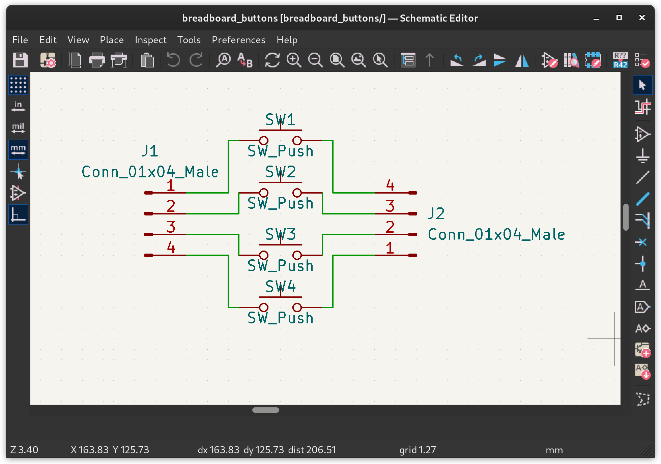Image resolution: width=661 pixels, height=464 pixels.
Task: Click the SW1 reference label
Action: click(280, 120)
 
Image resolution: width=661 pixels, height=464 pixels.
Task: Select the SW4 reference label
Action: click(280, 287)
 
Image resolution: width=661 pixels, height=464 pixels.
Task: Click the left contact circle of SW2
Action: click(264, 193)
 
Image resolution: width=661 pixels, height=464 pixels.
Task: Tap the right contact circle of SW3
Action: click(297, 255)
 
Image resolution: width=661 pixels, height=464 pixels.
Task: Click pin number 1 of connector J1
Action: click(171, 185)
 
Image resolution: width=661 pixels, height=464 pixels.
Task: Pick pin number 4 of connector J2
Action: click(390, 185)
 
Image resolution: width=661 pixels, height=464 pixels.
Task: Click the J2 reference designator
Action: click(436, 213)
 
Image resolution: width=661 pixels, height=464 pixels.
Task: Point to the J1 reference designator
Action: click(150, 151)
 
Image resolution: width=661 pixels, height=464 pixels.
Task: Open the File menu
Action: click(20, 40)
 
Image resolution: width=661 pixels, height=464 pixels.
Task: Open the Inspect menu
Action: click(150, 40)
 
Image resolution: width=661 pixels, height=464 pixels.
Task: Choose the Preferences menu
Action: click(238, 40)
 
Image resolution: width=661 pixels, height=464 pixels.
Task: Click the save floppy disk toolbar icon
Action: click(20, 60)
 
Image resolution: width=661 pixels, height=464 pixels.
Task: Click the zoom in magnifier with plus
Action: click(294, 60)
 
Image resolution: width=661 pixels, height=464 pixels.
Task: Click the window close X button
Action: click(642, 18)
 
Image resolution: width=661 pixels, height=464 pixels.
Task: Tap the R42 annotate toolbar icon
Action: click(620, 60)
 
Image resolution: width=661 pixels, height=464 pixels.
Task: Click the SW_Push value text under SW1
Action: click(280, 151)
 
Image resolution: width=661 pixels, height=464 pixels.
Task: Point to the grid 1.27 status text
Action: click(418, 450)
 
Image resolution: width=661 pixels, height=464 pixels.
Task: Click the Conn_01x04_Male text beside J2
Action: click(496, 234)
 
